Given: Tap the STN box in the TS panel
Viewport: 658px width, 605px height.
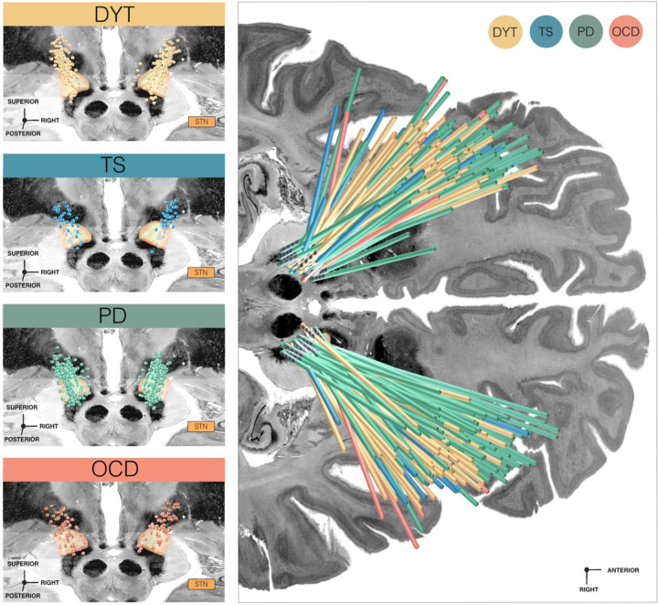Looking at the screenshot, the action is (x=201, y=272).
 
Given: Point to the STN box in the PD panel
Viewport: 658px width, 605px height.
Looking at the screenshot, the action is (x=201, y=426).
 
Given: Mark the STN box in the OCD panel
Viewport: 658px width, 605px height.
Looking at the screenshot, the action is (x=201, y=582).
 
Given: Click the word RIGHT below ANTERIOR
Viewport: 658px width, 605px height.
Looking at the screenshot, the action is (x=586, y=590).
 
